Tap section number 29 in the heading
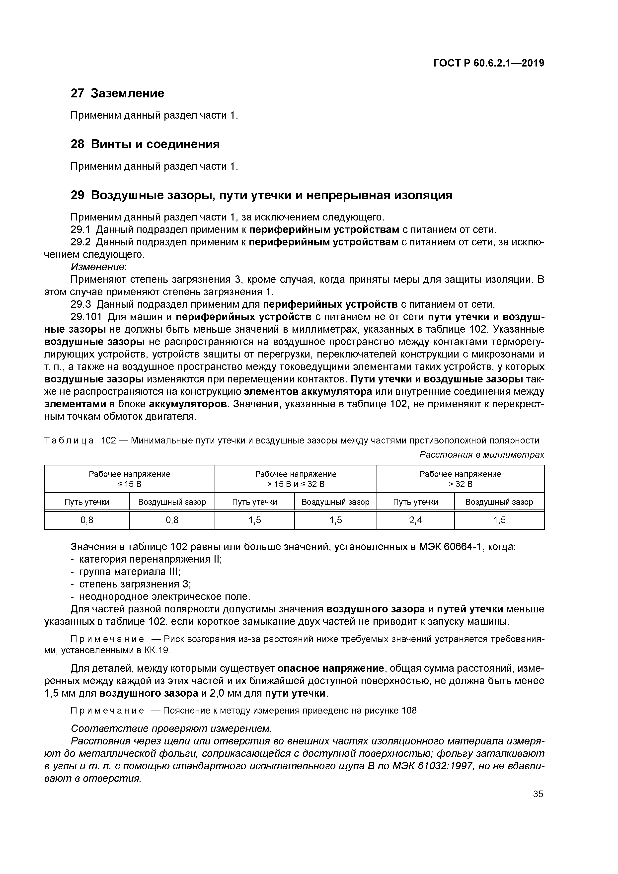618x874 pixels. coord(77,195)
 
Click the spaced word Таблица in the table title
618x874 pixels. coord(69,440)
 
